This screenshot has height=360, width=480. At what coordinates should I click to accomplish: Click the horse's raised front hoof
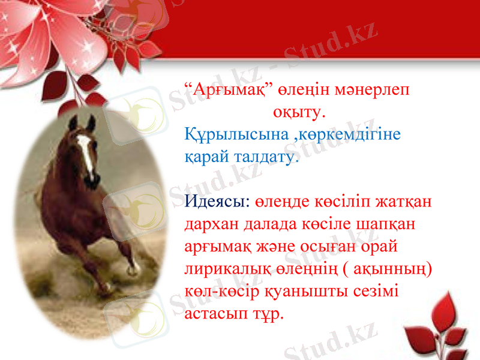click(x=133, y=268)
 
